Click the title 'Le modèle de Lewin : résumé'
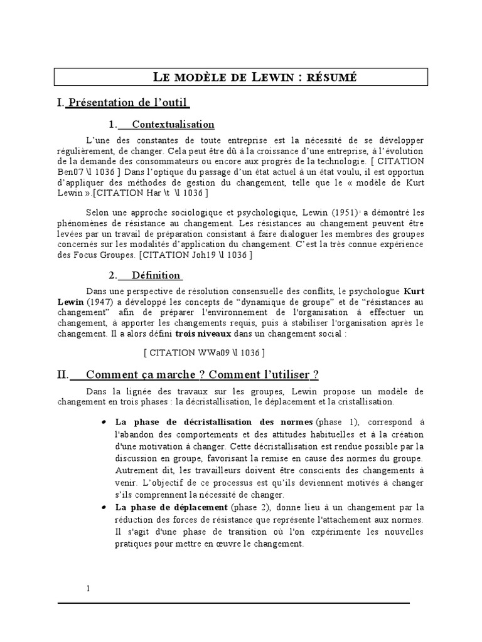pyautogui.click(x=255, y=77)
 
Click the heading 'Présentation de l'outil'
pyautogui.click(x=128, y=102)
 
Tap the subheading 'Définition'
pyautogui.click(x=156, y=275)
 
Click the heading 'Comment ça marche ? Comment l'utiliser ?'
pyautogui.click(x=202, y=375)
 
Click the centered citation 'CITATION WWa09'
pyautogui.click(x=204, y=352)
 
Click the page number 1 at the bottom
pyautogui.click(x=88, y=588)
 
